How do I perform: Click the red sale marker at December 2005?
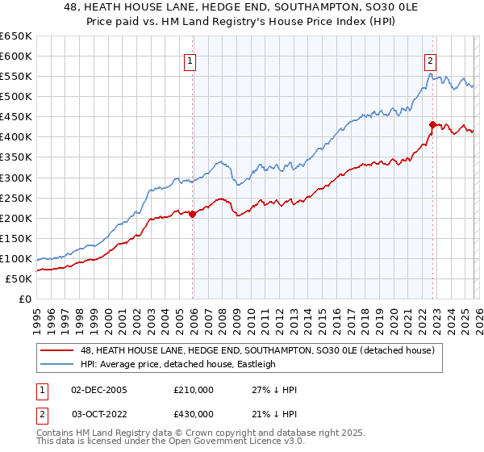click(x=192, y=214)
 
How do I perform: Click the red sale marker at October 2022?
click(x=432, y=124)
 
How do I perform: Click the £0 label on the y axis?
click(x=25, y=299)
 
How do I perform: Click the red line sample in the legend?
click(x=57, y=350)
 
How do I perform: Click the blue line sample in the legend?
click(x=57, y=364)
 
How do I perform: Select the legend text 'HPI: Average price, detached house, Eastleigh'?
click(x=177, y=364)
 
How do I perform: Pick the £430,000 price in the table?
click(x=193, y=413)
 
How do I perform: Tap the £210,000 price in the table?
click(x=193, y=389)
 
